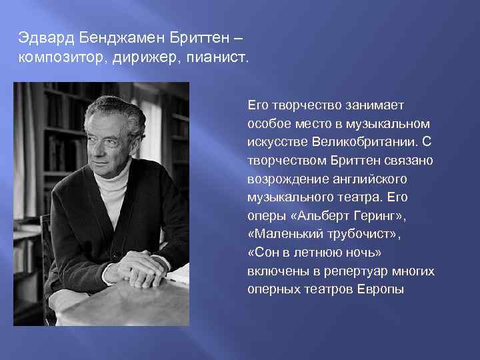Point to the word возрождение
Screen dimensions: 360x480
click(283, 179)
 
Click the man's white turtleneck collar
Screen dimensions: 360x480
click(111, 181)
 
